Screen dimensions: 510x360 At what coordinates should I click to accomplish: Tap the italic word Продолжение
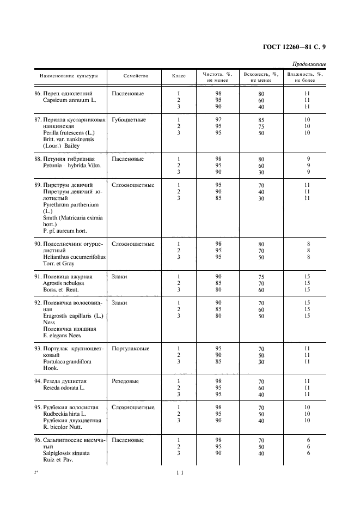309,64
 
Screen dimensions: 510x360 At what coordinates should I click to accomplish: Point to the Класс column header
179,76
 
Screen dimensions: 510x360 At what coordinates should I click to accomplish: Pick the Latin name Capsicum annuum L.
67,100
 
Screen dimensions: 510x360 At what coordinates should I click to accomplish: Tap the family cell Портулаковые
131,348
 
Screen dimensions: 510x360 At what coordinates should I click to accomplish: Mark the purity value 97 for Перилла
218,119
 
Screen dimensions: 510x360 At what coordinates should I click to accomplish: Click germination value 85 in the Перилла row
261,120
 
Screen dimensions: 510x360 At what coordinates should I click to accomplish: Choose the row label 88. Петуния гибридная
64,159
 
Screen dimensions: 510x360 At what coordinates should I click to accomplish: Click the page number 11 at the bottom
179,473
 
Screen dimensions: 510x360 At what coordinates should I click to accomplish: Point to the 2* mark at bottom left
36,472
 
